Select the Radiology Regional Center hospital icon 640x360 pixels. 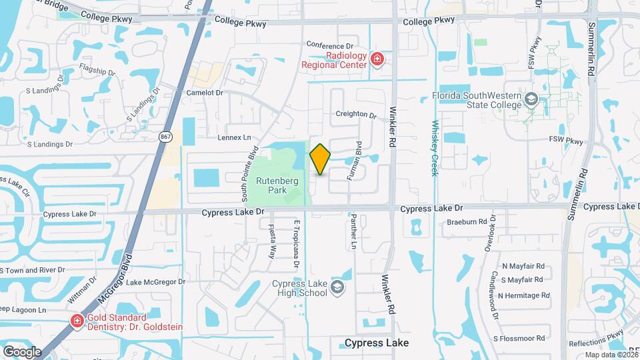[x=377, y=60]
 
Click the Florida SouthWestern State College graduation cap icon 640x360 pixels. [x=531, y=100]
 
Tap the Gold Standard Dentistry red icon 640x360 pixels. [x=77, y=321]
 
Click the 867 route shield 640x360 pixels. [x=165, y=136]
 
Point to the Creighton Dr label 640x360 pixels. [x=356, y=114]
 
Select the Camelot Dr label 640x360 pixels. [x=204, y=93]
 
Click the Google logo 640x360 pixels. [x=22, y=351]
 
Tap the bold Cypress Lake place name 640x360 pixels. [x=377, y=343]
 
